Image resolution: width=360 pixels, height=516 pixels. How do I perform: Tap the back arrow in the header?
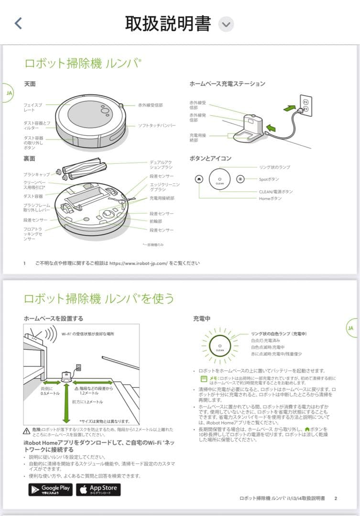click(x=18, y=23)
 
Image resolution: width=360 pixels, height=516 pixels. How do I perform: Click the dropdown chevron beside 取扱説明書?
click(x=226, y=24)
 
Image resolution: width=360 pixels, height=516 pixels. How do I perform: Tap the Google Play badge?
click(x=50, y=489)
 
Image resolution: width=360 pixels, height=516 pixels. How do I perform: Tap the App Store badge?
click(x=98, y=489)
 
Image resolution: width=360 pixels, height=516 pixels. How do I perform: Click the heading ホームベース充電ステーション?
click(x=227, y=84)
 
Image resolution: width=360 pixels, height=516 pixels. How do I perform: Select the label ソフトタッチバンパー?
click(x=157, y=126)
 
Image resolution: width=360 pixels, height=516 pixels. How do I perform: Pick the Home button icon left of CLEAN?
click(x=199, y=179)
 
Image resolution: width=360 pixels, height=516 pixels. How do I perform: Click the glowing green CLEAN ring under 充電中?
click(x=220, y=346)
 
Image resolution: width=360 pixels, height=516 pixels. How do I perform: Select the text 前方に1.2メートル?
click(x=87, y=402)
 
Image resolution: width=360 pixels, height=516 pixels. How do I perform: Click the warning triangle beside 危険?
click(x=27, y=431)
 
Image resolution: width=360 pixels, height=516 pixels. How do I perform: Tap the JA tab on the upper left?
click(x=9, y=92)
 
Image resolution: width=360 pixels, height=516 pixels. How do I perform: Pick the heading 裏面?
click(x=30, y=158)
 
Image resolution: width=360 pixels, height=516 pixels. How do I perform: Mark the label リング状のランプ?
click(x=274, y=167)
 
